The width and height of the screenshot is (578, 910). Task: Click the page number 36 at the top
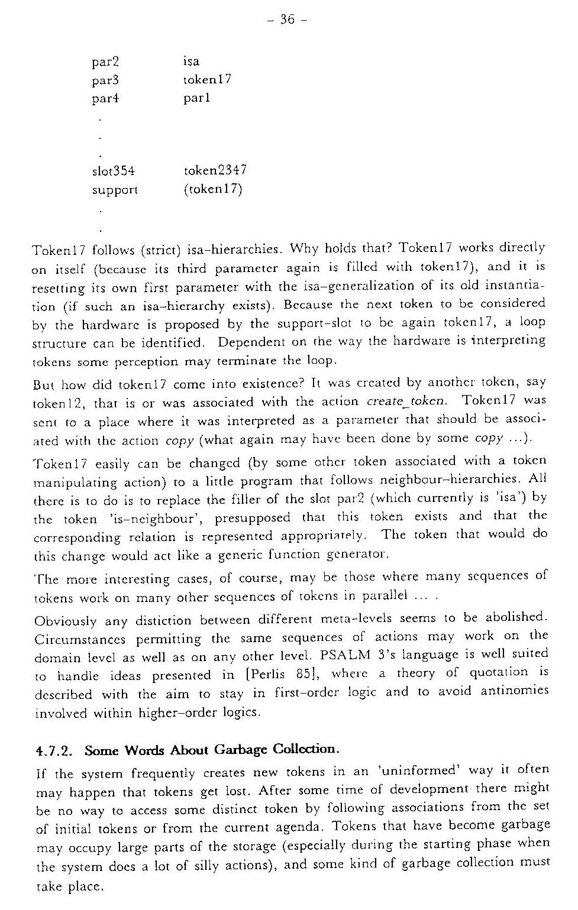pyautogui.click(x=287, y=20)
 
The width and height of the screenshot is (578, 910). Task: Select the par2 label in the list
pyautogui.click(x=105, y=61)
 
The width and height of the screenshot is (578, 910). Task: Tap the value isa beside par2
pyautogui.click(x=191, y=61)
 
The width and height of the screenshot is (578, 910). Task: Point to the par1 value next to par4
pyautogui.click(x=196, y=98)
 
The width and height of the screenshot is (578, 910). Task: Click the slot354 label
pyautogui.click(x=113, y=171)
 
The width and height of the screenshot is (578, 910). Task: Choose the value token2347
pyautogui.click(x=215, y=170)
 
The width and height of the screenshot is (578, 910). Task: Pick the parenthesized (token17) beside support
pyautogui.click(x=213, y=189)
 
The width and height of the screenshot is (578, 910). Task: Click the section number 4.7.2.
pyautogui.click(x=54, y=752)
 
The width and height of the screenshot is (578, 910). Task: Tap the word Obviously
pyautogui.click(x=65, y=621)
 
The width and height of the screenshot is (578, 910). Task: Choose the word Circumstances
pyautogui.click(x=80, y=640)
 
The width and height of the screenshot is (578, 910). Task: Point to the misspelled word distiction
pyautogui.click(x=163, y=620)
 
